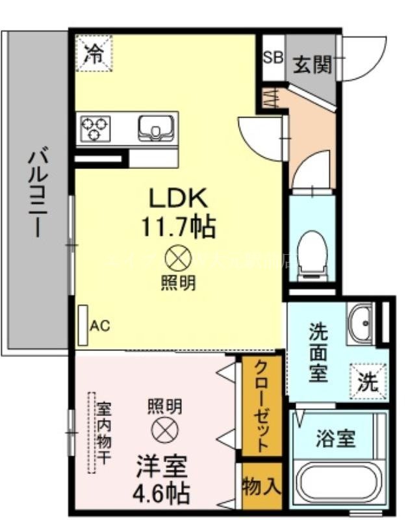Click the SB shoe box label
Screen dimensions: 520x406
pos(273,57)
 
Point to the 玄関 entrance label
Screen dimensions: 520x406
pos(312,64)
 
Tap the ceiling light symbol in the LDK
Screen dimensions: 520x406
pos(178,259)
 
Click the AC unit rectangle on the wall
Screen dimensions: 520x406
pos(83,324)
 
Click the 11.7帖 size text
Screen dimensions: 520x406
pos(178,227)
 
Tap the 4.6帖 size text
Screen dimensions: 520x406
pos(163,492)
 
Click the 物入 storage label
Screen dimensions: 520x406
pos(262,486)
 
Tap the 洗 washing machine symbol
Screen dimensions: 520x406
pos(368,381)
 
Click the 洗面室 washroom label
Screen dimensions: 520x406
pos(318,352)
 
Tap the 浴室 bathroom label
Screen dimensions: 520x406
pos(336,439)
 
